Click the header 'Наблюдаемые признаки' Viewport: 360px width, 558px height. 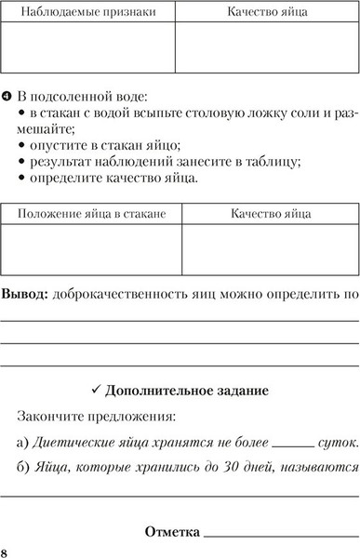(89, 13)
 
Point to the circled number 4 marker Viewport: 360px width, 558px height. (7, 96)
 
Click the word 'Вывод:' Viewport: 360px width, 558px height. (25, 294)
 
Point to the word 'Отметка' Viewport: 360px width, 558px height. (172, 532)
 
